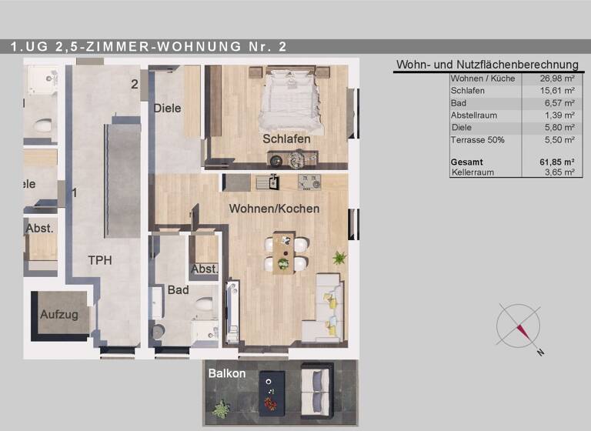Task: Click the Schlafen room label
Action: [286, 139]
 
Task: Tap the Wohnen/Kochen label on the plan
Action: [274, 209]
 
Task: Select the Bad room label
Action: [178, 290]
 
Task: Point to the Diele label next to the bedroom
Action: [167, 109]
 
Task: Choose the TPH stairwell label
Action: [99, 260]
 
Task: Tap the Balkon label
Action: [227, 374]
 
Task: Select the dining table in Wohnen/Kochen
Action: [283, 252]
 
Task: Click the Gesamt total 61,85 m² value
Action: [557, 162]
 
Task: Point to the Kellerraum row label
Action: [473, 172]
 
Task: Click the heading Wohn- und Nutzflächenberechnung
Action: [486, 65]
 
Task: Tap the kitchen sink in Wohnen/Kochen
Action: [269, 182]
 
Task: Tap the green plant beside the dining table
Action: [338, 257]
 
